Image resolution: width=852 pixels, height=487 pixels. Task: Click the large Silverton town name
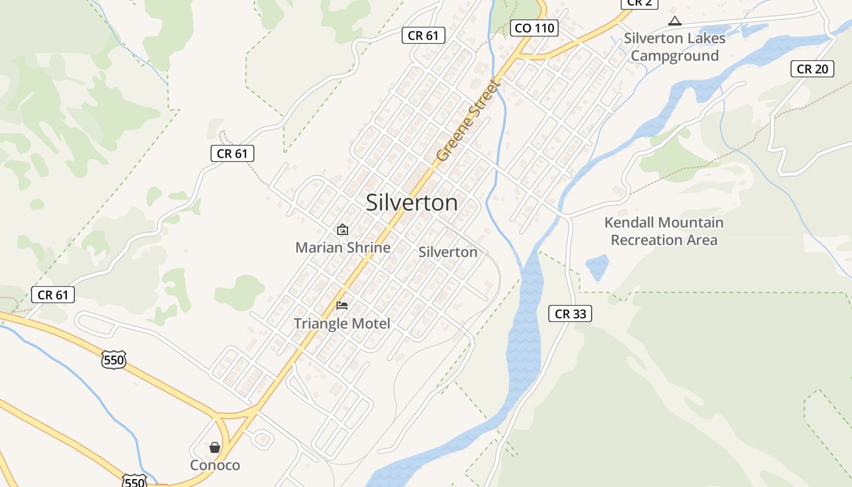(411, 203)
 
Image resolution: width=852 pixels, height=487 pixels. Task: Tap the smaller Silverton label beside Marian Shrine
(448, 252)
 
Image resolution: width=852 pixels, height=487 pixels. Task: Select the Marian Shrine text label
(343, 248)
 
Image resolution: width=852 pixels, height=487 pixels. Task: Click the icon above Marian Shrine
(343, 229)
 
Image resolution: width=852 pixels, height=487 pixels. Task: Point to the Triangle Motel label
(342, 323)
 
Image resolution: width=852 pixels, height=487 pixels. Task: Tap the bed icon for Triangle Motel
(342, 305)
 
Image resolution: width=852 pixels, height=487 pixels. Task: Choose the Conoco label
(215, 465)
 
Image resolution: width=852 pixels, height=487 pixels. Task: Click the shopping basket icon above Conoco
(215, 447)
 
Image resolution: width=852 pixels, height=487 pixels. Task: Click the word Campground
(674, 56)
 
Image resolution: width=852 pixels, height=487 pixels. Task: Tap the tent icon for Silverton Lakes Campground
(674, 21)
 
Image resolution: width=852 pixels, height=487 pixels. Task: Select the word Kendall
(629, 223)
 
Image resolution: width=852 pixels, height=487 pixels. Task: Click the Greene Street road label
(467, 121)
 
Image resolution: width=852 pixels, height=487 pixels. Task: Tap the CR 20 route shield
(812, 69)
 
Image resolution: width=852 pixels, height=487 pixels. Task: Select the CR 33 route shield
(570, 314)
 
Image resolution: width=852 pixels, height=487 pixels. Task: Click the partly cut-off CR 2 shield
(640, 3)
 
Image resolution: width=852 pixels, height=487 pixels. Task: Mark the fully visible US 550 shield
(114, 360)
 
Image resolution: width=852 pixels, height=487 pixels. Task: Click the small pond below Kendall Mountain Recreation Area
(597, 267)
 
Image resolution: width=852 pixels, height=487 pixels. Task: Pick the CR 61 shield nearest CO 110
(424, 35)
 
